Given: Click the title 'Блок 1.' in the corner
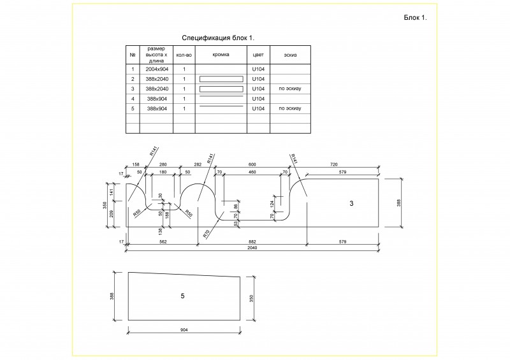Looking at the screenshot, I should coord(415,17).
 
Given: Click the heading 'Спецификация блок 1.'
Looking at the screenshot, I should coord(218,38).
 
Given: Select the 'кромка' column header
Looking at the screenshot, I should coord(221,55).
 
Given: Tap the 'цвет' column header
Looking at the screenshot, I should coord(258,55).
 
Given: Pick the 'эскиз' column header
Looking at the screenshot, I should coord(289,55).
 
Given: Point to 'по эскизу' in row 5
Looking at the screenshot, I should coord(289,109).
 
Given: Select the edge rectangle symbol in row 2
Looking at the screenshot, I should coord(221,79).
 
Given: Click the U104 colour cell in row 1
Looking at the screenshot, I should coord(258,69).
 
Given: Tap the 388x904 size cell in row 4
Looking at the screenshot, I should coord(156,99).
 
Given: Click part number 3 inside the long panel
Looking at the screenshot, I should coord(351,203).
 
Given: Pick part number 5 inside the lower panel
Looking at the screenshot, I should coord(182,296).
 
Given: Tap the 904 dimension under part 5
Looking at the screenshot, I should coord(184,331).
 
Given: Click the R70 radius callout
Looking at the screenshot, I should coord(207,233).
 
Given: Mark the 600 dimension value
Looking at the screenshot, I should coord(251,164).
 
